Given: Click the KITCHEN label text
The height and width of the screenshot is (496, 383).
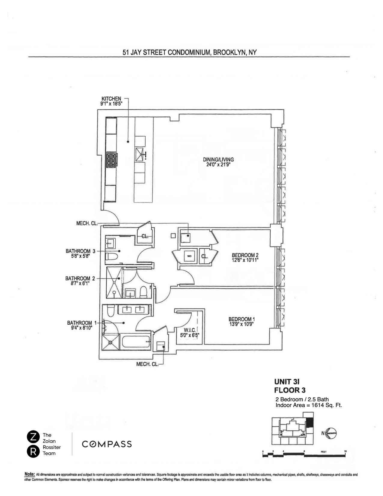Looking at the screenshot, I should click(x=111, y=99).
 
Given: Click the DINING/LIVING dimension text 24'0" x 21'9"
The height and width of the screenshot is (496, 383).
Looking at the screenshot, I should click(x=218, y=164).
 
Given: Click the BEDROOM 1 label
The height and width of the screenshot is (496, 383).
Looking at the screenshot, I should click(x=242, y=319).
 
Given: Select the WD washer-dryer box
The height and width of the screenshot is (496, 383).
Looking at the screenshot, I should click(x=189, y=256).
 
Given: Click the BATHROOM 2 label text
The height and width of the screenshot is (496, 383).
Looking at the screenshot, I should click(x=80, y=278).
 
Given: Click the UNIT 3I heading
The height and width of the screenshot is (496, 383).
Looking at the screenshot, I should click(x=287, y=382).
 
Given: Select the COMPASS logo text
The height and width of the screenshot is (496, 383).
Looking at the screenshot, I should click(x=107, y=444).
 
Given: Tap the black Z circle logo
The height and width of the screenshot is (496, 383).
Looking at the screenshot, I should click(x=33, y=437).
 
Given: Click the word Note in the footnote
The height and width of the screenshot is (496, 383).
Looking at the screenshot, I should click(x=29, y=475).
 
